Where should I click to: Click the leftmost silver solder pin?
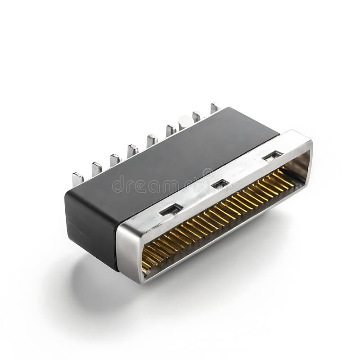[78, 179]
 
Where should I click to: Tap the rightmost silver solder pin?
[215, 108]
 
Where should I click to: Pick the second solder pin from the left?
[97, 169]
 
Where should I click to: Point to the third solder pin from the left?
[115, 160]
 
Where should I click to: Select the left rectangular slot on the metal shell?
[172, 209]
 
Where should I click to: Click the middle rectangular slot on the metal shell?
[220, 184]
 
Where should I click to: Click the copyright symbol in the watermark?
[208, 173]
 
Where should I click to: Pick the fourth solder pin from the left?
[133, 151]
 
